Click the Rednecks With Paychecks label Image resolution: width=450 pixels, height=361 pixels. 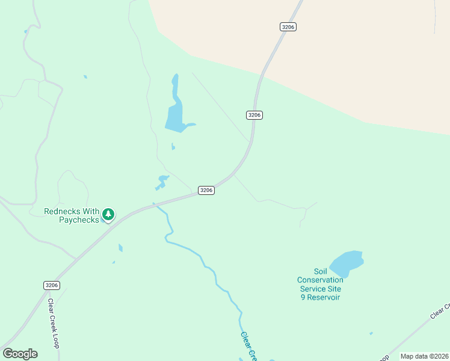(71, 215)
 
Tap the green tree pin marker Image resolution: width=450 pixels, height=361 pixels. (108, 214)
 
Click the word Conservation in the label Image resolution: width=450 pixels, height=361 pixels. (320, 280)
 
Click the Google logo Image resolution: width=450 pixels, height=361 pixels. (20, 354)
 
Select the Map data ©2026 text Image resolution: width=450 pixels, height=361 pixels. (424, 356)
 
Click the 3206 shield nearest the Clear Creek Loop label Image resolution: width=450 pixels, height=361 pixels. (52, 285)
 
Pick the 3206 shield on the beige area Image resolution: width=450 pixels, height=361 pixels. (288, 26)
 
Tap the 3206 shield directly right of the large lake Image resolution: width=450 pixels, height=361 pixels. (254, 114)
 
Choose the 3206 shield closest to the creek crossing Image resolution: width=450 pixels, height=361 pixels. (206, 190)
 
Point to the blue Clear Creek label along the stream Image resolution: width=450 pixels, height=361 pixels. (248, 347)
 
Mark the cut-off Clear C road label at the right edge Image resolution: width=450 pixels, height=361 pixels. (440, 311)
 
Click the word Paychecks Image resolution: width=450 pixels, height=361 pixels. (78, 220)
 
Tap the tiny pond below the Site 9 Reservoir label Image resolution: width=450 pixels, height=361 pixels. (371, 333)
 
